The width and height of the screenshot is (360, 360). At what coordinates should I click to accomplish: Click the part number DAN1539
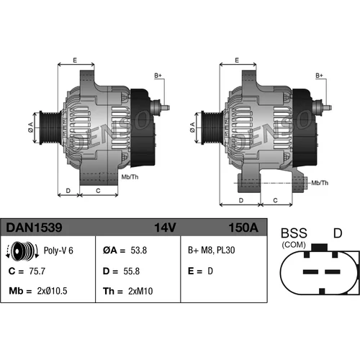click(34, 228)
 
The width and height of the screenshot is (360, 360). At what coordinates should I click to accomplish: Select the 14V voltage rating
click(165, 228)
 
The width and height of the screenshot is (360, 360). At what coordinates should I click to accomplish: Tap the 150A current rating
click(243, 228)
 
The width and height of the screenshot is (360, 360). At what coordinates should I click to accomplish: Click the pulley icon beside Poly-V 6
click(22, 251)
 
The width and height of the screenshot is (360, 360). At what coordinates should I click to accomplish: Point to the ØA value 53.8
click(139, 251)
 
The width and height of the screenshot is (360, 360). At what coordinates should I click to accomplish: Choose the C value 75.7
click(37, 271)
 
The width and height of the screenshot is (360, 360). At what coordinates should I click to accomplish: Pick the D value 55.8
click(132, 271)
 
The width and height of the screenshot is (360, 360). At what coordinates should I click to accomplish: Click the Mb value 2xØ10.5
click(52, 291)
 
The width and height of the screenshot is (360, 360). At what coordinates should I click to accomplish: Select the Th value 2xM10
click(140, 291)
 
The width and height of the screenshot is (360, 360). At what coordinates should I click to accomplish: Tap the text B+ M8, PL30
click(212, 251)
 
